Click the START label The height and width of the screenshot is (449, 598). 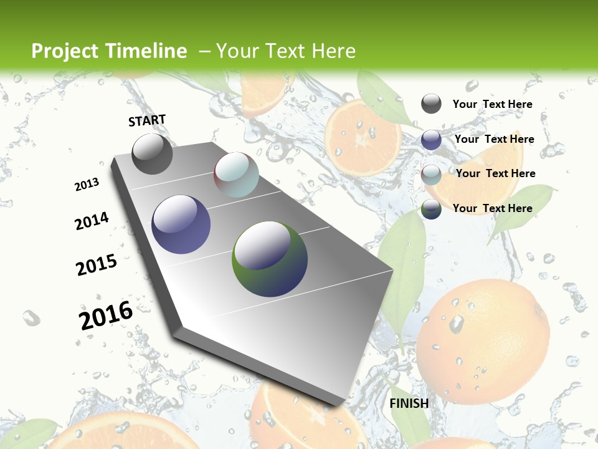pyautogui.click(x=147, y=120)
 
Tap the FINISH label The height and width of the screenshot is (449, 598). pyautogui.click(x=409, y=403)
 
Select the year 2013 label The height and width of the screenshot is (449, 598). pyautogui.click(x=87, y=185)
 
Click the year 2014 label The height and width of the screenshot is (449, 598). pyautogui.click(x=92, y=221)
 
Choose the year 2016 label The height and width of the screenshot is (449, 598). pyautogui.click(x=106, y=315)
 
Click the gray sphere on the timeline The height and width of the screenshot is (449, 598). pyautogui.click(x=152, y=153)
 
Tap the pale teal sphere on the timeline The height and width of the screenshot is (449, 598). pyautogui.click(x=236, y=175)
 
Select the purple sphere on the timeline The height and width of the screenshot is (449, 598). pyautogui.click(x=181, y=224)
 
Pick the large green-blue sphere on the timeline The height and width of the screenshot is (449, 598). pyautogui.click(x=270, y=259)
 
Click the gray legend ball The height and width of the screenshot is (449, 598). pyautogui.click(x=431, y=104)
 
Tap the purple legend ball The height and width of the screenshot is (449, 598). pyautogui.click(x=431, y=140)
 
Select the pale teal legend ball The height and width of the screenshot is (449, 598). pyautogui.click(x=431, y=175)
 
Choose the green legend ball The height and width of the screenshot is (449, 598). pyautogui.click(x=431, y=209)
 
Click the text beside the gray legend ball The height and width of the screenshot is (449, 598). pyautogui.click(x=492, y=104)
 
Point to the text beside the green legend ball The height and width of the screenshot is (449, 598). pyautogui.click(x=492, y=208)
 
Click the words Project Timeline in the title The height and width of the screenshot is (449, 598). pyautogui.click(x=109, y=51)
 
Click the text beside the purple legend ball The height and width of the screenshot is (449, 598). pyautogui.click(x=494, y=139)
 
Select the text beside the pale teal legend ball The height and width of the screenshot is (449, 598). pyautogui.click(x=495, y=173)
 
